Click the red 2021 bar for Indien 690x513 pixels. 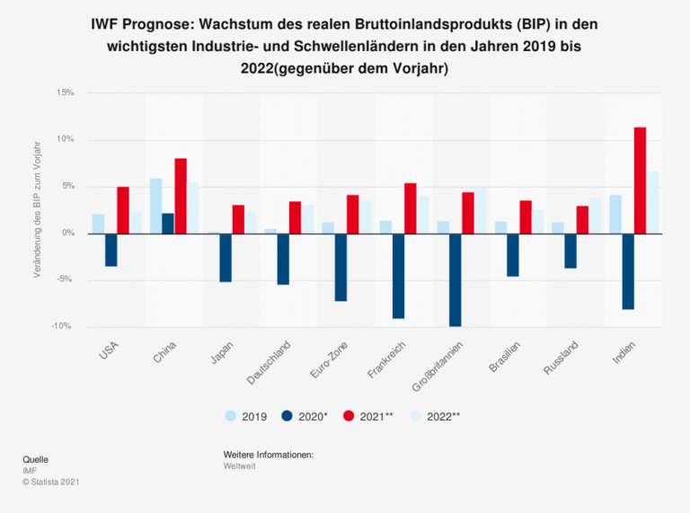click(640, 181)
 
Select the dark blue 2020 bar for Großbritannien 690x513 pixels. click(456, 279)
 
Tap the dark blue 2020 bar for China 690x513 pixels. click(168, 224)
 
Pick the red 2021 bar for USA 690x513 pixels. click(123, 210)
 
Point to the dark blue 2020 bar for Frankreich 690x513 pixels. click(398, 276)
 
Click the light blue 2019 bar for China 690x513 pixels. click(155, 206)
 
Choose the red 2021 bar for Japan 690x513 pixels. click(238, 219)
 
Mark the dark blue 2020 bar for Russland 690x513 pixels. click(570, 251)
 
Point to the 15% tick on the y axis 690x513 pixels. click(65, 93)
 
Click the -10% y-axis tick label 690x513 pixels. click(63, 326)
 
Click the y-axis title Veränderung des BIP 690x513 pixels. click(38, 208)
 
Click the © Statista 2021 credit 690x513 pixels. click(51, 482)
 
